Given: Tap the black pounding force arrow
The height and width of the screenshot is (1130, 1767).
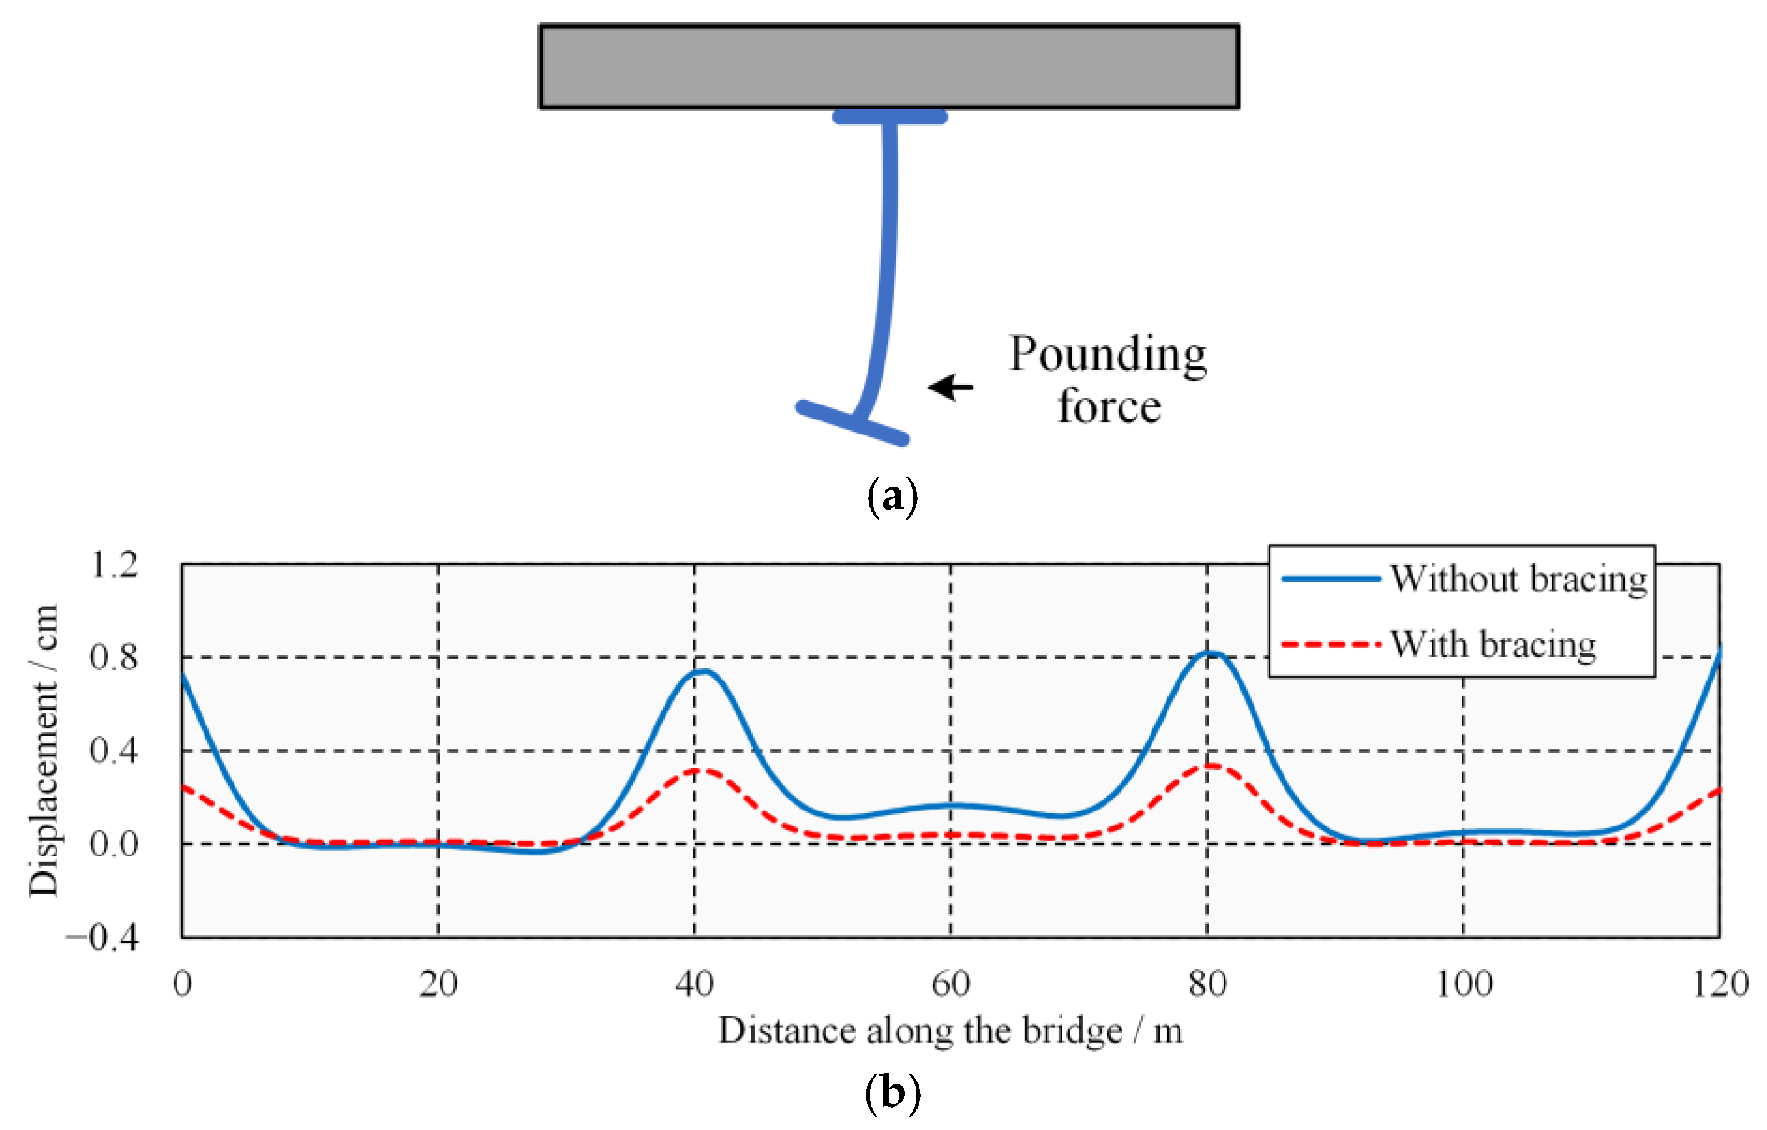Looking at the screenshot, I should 951,387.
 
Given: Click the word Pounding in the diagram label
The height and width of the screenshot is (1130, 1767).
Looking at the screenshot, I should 1107,354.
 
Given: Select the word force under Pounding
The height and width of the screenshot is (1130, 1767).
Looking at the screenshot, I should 1109,407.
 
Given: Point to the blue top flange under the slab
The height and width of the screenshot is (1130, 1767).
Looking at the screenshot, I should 889,117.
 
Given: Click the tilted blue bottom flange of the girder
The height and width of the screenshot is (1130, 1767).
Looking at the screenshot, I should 853,423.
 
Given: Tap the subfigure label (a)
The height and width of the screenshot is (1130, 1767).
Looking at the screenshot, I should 893,497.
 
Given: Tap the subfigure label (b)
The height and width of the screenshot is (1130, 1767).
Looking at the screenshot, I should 893,1093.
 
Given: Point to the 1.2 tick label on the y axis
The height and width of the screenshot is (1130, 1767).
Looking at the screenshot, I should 114,565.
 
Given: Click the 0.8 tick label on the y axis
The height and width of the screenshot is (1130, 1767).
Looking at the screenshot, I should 114,658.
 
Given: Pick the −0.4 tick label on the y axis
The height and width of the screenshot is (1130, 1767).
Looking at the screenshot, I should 102,938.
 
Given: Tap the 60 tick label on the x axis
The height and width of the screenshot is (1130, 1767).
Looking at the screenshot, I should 950,984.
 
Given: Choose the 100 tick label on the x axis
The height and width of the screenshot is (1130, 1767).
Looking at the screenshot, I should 1463,984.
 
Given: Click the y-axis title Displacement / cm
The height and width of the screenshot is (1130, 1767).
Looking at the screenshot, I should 42,750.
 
